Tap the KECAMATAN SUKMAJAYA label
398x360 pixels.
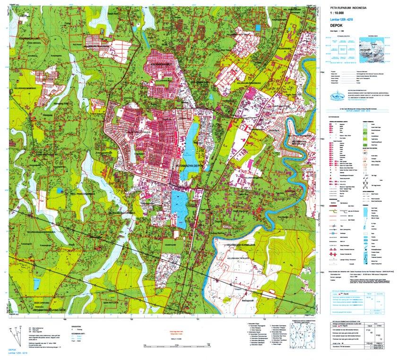pyautogui.click(x=242, y=245)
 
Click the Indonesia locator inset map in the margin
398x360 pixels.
pyautogui.click(x=376, y=50)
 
